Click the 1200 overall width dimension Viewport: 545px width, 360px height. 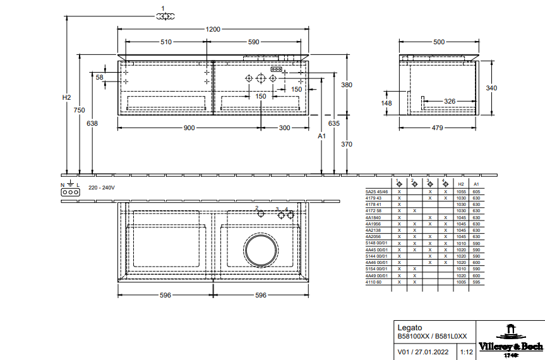pos(213,29)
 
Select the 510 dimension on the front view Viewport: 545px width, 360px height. pos(166,42)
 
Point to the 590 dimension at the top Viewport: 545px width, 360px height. pos(253,42)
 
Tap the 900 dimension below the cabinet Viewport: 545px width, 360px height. pos(189,128)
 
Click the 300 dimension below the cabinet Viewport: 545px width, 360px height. pos(284,128)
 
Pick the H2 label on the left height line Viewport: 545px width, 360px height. pos(66,98)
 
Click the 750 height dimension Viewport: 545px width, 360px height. pos(79,111)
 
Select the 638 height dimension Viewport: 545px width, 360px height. pos(92,124)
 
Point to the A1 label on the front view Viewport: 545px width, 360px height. pos(321,136)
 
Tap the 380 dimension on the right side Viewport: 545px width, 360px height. pos(346,85)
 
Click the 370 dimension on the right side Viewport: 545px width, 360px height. pos(346,145)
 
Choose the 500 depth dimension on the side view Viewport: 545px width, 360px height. pos(438,42)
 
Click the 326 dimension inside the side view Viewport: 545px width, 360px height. pos(450,101)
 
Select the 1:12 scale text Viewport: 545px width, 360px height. pos(466,352)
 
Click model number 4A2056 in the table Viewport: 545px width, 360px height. pos(373,236)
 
